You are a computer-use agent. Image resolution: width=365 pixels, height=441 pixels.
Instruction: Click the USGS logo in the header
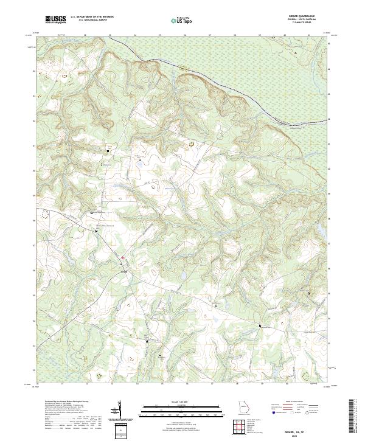(x=55, y=19)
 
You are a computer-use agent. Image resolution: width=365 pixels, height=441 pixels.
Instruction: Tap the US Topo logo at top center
(x=182, y=20)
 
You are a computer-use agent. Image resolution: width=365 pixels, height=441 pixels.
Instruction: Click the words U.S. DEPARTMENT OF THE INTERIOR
(x=92, y=17)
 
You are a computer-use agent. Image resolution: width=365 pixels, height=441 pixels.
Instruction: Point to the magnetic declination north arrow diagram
(x=119, y=409)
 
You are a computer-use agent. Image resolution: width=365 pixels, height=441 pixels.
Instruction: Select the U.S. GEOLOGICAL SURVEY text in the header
(x=92, y=21)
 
